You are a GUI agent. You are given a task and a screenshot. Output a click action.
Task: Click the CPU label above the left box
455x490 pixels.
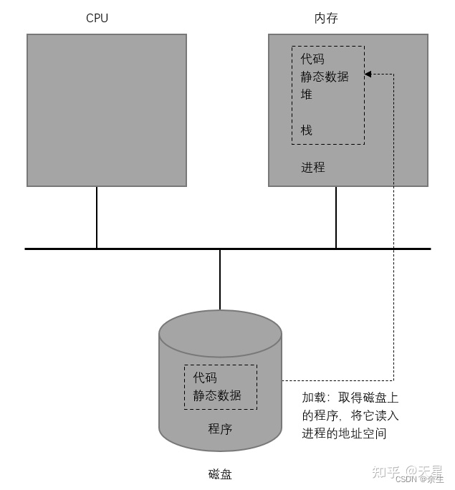point(97,18)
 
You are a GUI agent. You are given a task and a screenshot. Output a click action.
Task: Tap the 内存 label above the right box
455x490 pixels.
point(326,18)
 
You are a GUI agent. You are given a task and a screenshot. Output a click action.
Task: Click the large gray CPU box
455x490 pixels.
point(107,110)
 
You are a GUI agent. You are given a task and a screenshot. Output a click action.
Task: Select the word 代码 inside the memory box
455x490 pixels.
point(312,59)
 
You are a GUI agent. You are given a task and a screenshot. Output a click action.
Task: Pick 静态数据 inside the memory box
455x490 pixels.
point(325,76)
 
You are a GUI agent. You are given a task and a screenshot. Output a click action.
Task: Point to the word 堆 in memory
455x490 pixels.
point(307,94)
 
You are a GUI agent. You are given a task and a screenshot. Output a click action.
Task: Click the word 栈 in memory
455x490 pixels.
point(307,130)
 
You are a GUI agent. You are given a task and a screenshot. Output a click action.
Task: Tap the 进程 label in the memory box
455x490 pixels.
point(312,167)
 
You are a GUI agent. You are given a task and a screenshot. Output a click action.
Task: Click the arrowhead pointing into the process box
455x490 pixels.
point(368,74)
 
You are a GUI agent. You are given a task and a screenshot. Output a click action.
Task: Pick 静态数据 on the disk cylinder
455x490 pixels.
point(217,395)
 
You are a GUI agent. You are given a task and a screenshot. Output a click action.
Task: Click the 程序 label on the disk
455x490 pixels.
point(220,428)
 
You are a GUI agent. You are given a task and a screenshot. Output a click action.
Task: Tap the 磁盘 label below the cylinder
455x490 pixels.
point(220,474)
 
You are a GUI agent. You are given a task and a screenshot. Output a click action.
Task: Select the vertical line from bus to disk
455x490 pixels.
point(220,279)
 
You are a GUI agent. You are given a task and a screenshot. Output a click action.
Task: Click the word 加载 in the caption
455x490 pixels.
point(313,398)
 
